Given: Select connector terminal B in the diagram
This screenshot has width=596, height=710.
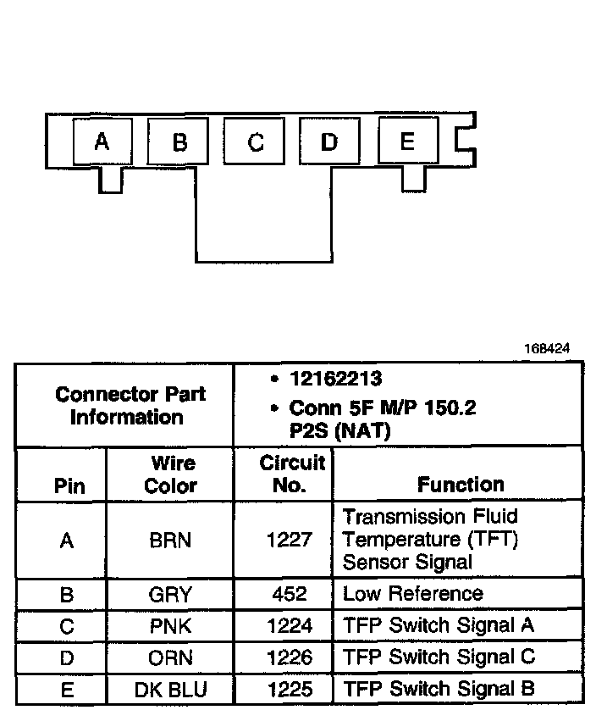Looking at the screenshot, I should pyautogui.click(x=179, y=141).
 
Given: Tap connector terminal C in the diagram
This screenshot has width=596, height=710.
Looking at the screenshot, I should pyautogui.click(x=255, y=141).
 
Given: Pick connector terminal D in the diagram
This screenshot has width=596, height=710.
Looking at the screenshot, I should pyautogui.click(x=329, y=141).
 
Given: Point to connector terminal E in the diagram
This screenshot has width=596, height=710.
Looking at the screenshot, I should pyautogui.click(x=407, y=141).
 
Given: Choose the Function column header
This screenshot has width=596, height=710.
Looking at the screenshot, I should pyautogui.click(x=461, y=485).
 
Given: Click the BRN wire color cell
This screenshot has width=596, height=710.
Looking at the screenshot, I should pyautogui.click(x=170, y=541).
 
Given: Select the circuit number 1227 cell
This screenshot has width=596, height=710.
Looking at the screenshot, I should pyautogui.click(x=289, y=541).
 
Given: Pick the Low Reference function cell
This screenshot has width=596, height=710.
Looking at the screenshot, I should pyautogui.click(x=412, y=594).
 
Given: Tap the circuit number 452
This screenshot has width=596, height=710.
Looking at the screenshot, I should pyautogui.click(x=289, y=594).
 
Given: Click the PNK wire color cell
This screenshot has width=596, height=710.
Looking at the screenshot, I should pyautogui.click(x=170, y=626).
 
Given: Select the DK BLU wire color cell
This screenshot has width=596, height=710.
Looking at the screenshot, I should pyautogui.click(x=170, y=690).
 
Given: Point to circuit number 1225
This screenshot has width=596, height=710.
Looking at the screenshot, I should pyautogui.click(x=289, y=690).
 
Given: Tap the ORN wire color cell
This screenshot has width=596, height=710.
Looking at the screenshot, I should pyautogui.click(x=170, y=657).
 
